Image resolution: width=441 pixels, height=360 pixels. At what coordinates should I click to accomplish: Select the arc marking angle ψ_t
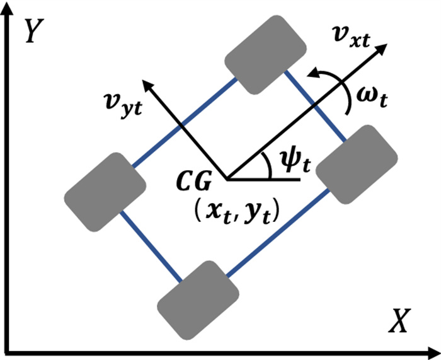265,165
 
